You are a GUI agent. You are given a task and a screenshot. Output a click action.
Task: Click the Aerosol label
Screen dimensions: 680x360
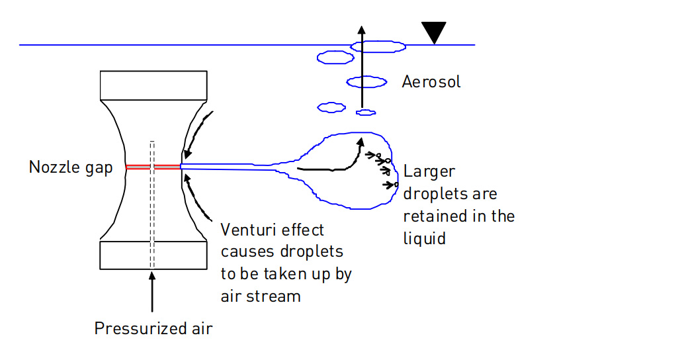(x=431, y=81)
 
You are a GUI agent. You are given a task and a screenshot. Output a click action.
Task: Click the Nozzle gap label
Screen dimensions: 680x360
(x=71, y=167)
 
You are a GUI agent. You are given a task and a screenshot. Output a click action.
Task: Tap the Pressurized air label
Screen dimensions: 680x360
(x=153, y=328)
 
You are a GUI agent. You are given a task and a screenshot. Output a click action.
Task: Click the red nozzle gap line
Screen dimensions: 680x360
(x=153, y=167)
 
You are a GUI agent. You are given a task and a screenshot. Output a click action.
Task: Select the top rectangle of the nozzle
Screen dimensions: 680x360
(x=153, y=85)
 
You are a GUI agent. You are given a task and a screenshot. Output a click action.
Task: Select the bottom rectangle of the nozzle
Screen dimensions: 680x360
(x=153, y=255)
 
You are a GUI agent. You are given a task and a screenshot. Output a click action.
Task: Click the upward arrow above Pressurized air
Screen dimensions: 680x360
(x=151, y=291)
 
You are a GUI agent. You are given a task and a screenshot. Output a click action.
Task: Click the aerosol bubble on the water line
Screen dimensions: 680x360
(x=378, y=46)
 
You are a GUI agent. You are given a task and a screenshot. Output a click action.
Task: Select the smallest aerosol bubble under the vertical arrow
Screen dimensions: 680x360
(x=366, y=112)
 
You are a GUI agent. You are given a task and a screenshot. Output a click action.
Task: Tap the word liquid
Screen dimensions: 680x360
(x=425, y=238)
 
